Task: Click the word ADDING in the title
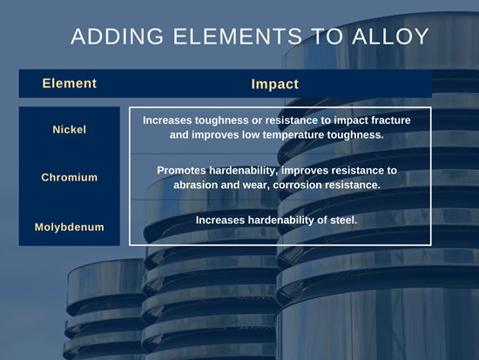pyautogui.click(x=118, y=37)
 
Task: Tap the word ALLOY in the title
pyautogui.click(x=390, y=37)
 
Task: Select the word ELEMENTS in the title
pyautogui.click(x=238, y=37)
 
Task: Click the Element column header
pyautogui.click(x=70, y=84)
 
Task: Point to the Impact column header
pyautogui.click(x=274, y=85)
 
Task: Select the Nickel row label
pyautogui.click(x=70, y=130)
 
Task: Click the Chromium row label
pyautogui.click(x=70, y=178)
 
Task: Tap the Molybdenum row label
pyautogui.click(x=70, y=227)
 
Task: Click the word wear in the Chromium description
pyautogui.click(x=257, y=186)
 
